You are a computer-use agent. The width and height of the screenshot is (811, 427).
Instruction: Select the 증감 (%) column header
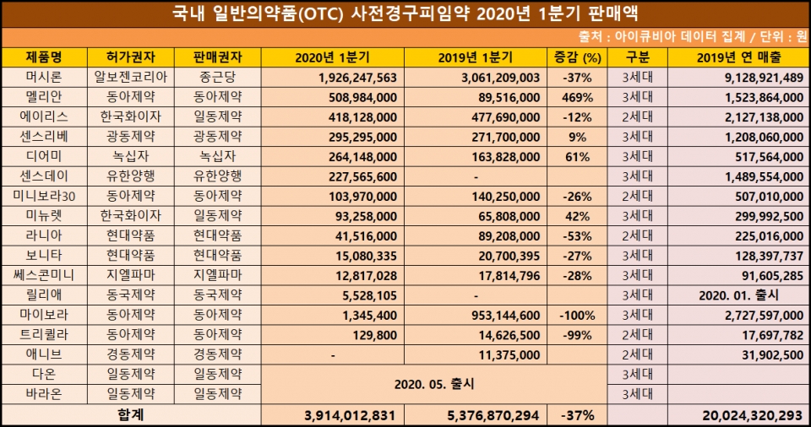(x=579, y=57)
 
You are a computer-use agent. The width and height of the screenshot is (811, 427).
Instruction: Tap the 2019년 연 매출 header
(x=739, y=57)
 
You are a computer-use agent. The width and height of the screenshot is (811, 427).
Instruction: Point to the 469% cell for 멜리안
(x=579, y=96)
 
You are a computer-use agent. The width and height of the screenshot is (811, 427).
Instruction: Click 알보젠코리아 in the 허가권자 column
(x=131, y=77)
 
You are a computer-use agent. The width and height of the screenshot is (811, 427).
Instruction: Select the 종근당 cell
(x=217, y=77)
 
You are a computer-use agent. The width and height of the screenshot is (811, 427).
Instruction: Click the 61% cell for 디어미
(x=579, y=155)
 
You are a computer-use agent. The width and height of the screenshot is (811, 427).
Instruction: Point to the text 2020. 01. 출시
(x=738, y=295)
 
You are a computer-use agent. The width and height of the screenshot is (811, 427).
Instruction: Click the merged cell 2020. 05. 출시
(x=434, y=383)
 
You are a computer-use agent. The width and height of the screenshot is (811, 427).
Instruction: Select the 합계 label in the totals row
(x=131, y=414)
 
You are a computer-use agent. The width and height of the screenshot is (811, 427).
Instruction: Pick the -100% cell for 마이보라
(x=579, y=314)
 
